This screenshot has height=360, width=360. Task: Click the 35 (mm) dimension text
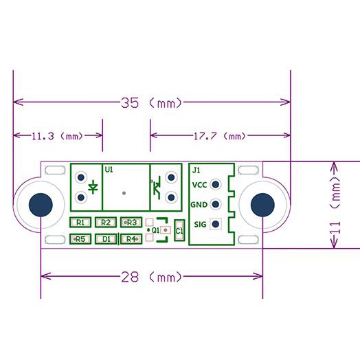point(151,103)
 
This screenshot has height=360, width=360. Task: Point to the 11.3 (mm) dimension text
point(57,136)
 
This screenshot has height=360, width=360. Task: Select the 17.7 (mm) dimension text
point(220,136)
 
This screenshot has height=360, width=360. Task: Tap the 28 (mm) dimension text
point(151,277)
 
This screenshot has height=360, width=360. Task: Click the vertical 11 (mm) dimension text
point(335,205)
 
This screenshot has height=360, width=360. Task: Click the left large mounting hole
point(41,205)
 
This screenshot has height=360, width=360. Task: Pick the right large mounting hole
point(262,205)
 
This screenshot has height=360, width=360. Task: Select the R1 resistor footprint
point(80,222)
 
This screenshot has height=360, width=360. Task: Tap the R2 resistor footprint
point(106,222)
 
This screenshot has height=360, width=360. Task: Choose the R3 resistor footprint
point(131,222)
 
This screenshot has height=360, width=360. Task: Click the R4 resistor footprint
point(131,239)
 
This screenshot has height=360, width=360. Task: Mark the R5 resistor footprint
point(80,239)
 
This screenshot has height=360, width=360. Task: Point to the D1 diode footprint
point(106,239)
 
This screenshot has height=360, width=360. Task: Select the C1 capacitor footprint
point(179,231)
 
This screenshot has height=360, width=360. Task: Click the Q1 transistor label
point(156,230)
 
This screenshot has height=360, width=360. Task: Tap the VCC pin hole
point(215,184)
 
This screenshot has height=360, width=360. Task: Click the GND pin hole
point(215,204)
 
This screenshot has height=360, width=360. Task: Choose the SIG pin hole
point(215,224)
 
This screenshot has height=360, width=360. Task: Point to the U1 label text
point(109,170)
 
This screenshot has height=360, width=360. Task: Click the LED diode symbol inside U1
point(93,187)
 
